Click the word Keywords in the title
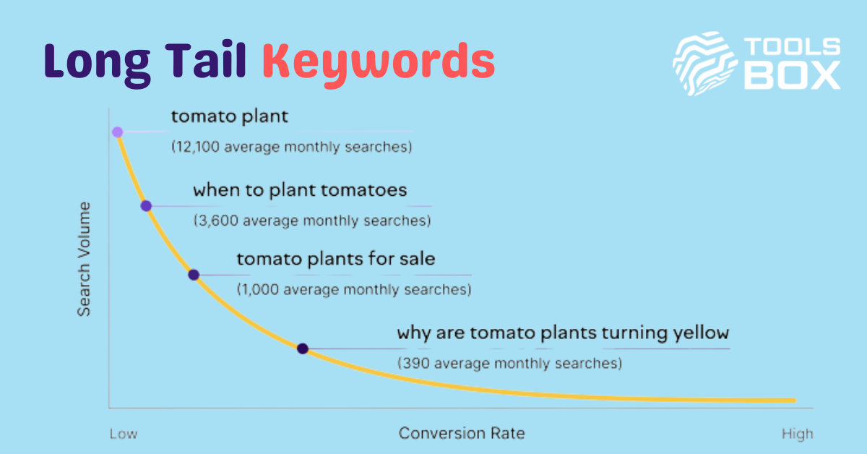[x=379, y=64]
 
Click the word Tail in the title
[x=206, y=60]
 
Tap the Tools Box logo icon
[x=704, y=64]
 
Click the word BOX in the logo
[x=793, y=77]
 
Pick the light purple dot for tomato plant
[x=118, y=132]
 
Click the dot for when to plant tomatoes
[x=146, y=206]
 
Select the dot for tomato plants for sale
[x=194, y=275]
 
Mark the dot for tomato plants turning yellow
[x=303, y=348]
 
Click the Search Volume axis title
[x=84, y=259]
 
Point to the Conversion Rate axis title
[x=462, y=433]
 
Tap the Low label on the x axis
[x=124, y=434]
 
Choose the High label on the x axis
[x=798, y=434]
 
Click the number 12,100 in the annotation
[x=198, y=147]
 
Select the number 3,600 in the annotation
[x=218, y=220]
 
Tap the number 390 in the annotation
[x=415, y=363]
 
